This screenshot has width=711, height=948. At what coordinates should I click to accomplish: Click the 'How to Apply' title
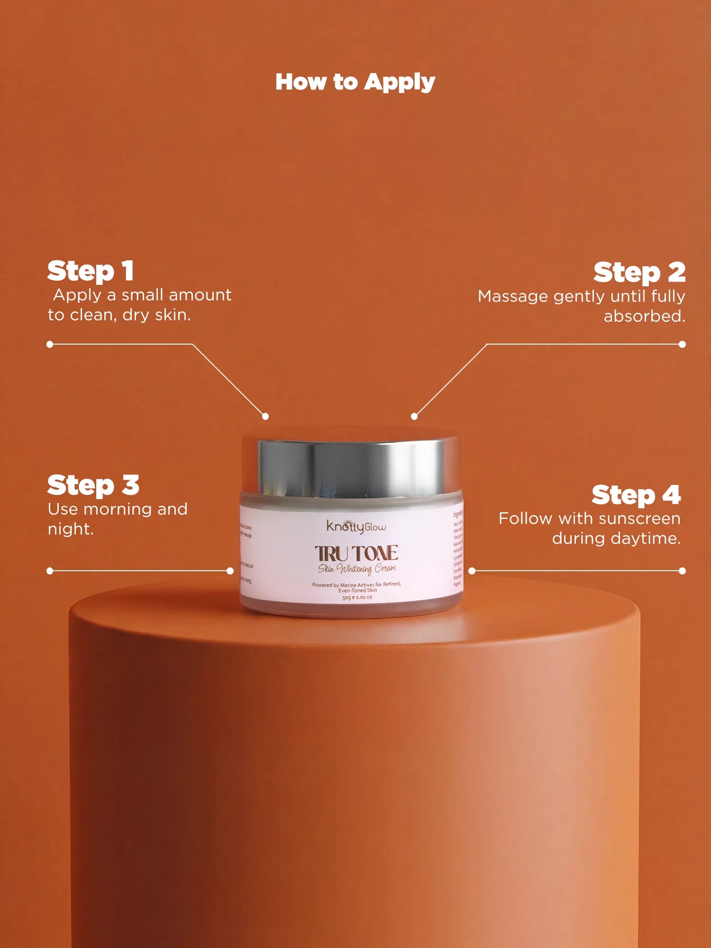355,82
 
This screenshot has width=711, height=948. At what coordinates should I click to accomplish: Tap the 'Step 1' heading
91,271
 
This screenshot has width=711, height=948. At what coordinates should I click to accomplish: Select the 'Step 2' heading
639,273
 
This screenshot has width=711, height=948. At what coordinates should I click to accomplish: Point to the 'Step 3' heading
93,485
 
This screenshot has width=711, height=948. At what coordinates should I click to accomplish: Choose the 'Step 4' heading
636,495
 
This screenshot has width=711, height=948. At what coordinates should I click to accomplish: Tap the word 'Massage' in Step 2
513,296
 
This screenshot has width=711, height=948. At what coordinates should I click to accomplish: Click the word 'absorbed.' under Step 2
644,316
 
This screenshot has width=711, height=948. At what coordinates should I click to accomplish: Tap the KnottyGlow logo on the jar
356,526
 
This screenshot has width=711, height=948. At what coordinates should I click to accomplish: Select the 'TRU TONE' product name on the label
356,553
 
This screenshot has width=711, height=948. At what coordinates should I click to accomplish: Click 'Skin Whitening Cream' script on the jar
357,568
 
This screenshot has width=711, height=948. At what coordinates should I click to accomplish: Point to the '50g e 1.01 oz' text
357,597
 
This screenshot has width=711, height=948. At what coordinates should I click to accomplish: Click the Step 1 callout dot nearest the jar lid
265,416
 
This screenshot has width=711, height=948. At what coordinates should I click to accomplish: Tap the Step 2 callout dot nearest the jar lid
414,416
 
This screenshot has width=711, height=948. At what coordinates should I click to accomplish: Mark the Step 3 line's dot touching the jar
230,571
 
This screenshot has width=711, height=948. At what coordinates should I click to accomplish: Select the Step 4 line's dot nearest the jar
472,571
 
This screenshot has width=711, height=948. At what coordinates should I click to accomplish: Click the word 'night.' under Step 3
71,529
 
